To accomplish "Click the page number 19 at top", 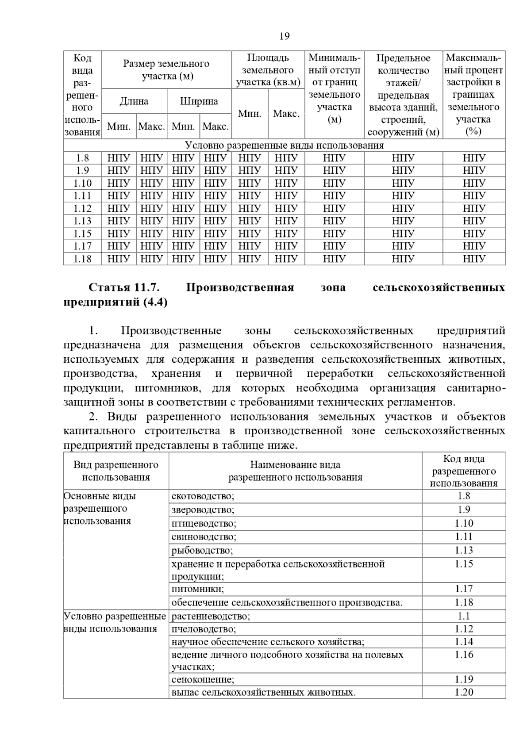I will coord(285,36).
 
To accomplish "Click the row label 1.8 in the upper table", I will coord(82,158).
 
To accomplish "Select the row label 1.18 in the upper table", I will coord(82,259).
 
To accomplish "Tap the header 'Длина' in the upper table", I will coord(134,101).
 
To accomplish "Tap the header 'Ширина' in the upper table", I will coord(199,101).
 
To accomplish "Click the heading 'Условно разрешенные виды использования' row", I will coord(284,145).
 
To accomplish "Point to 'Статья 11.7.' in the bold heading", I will coord(124,287).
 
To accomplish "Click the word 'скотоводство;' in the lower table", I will coord(203,496).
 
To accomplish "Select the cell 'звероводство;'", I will coord(203,510).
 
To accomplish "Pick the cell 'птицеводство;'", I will coord(204,524).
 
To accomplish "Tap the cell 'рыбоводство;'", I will coord(202,551).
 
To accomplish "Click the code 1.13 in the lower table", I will coord(464,550).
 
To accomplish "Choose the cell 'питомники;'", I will coord(197,589).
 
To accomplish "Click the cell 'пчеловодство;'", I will coord(204,629).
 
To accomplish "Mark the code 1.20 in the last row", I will coord(464,692).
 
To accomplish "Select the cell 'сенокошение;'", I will coord(203,679).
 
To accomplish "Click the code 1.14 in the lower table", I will coord(464,642).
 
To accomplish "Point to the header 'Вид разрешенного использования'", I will coord(116,471).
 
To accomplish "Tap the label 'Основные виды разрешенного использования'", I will coord(100,509).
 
